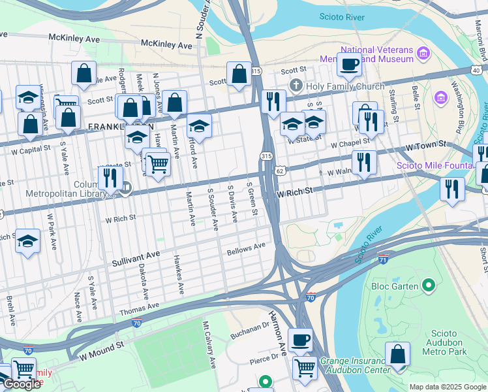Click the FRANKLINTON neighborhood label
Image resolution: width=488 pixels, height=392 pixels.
[121, 126]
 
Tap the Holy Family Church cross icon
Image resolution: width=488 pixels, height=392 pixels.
[296, 86]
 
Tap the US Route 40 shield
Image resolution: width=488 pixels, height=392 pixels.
[476, 70]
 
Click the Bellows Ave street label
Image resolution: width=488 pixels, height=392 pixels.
[246, 249]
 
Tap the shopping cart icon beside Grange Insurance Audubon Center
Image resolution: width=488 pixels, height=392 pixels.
[304, 367]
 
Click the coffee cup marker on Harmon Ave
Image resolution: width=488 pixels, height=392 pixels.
[299, 340]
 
